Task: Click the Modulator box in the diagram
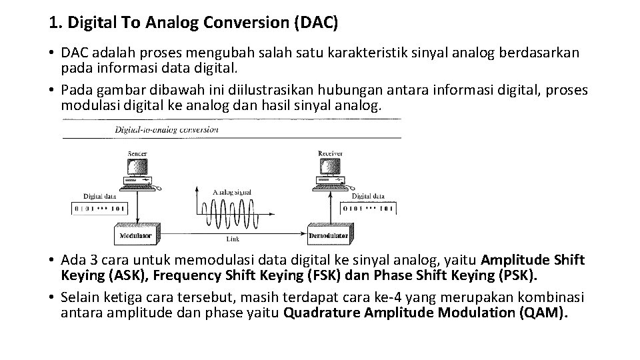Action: [135, 235]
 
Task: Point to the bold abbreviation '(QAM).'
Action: [543, 313]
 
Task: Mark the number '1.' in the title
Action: [55, 23]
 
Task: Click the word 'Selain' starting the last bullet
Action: [79, 297]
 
